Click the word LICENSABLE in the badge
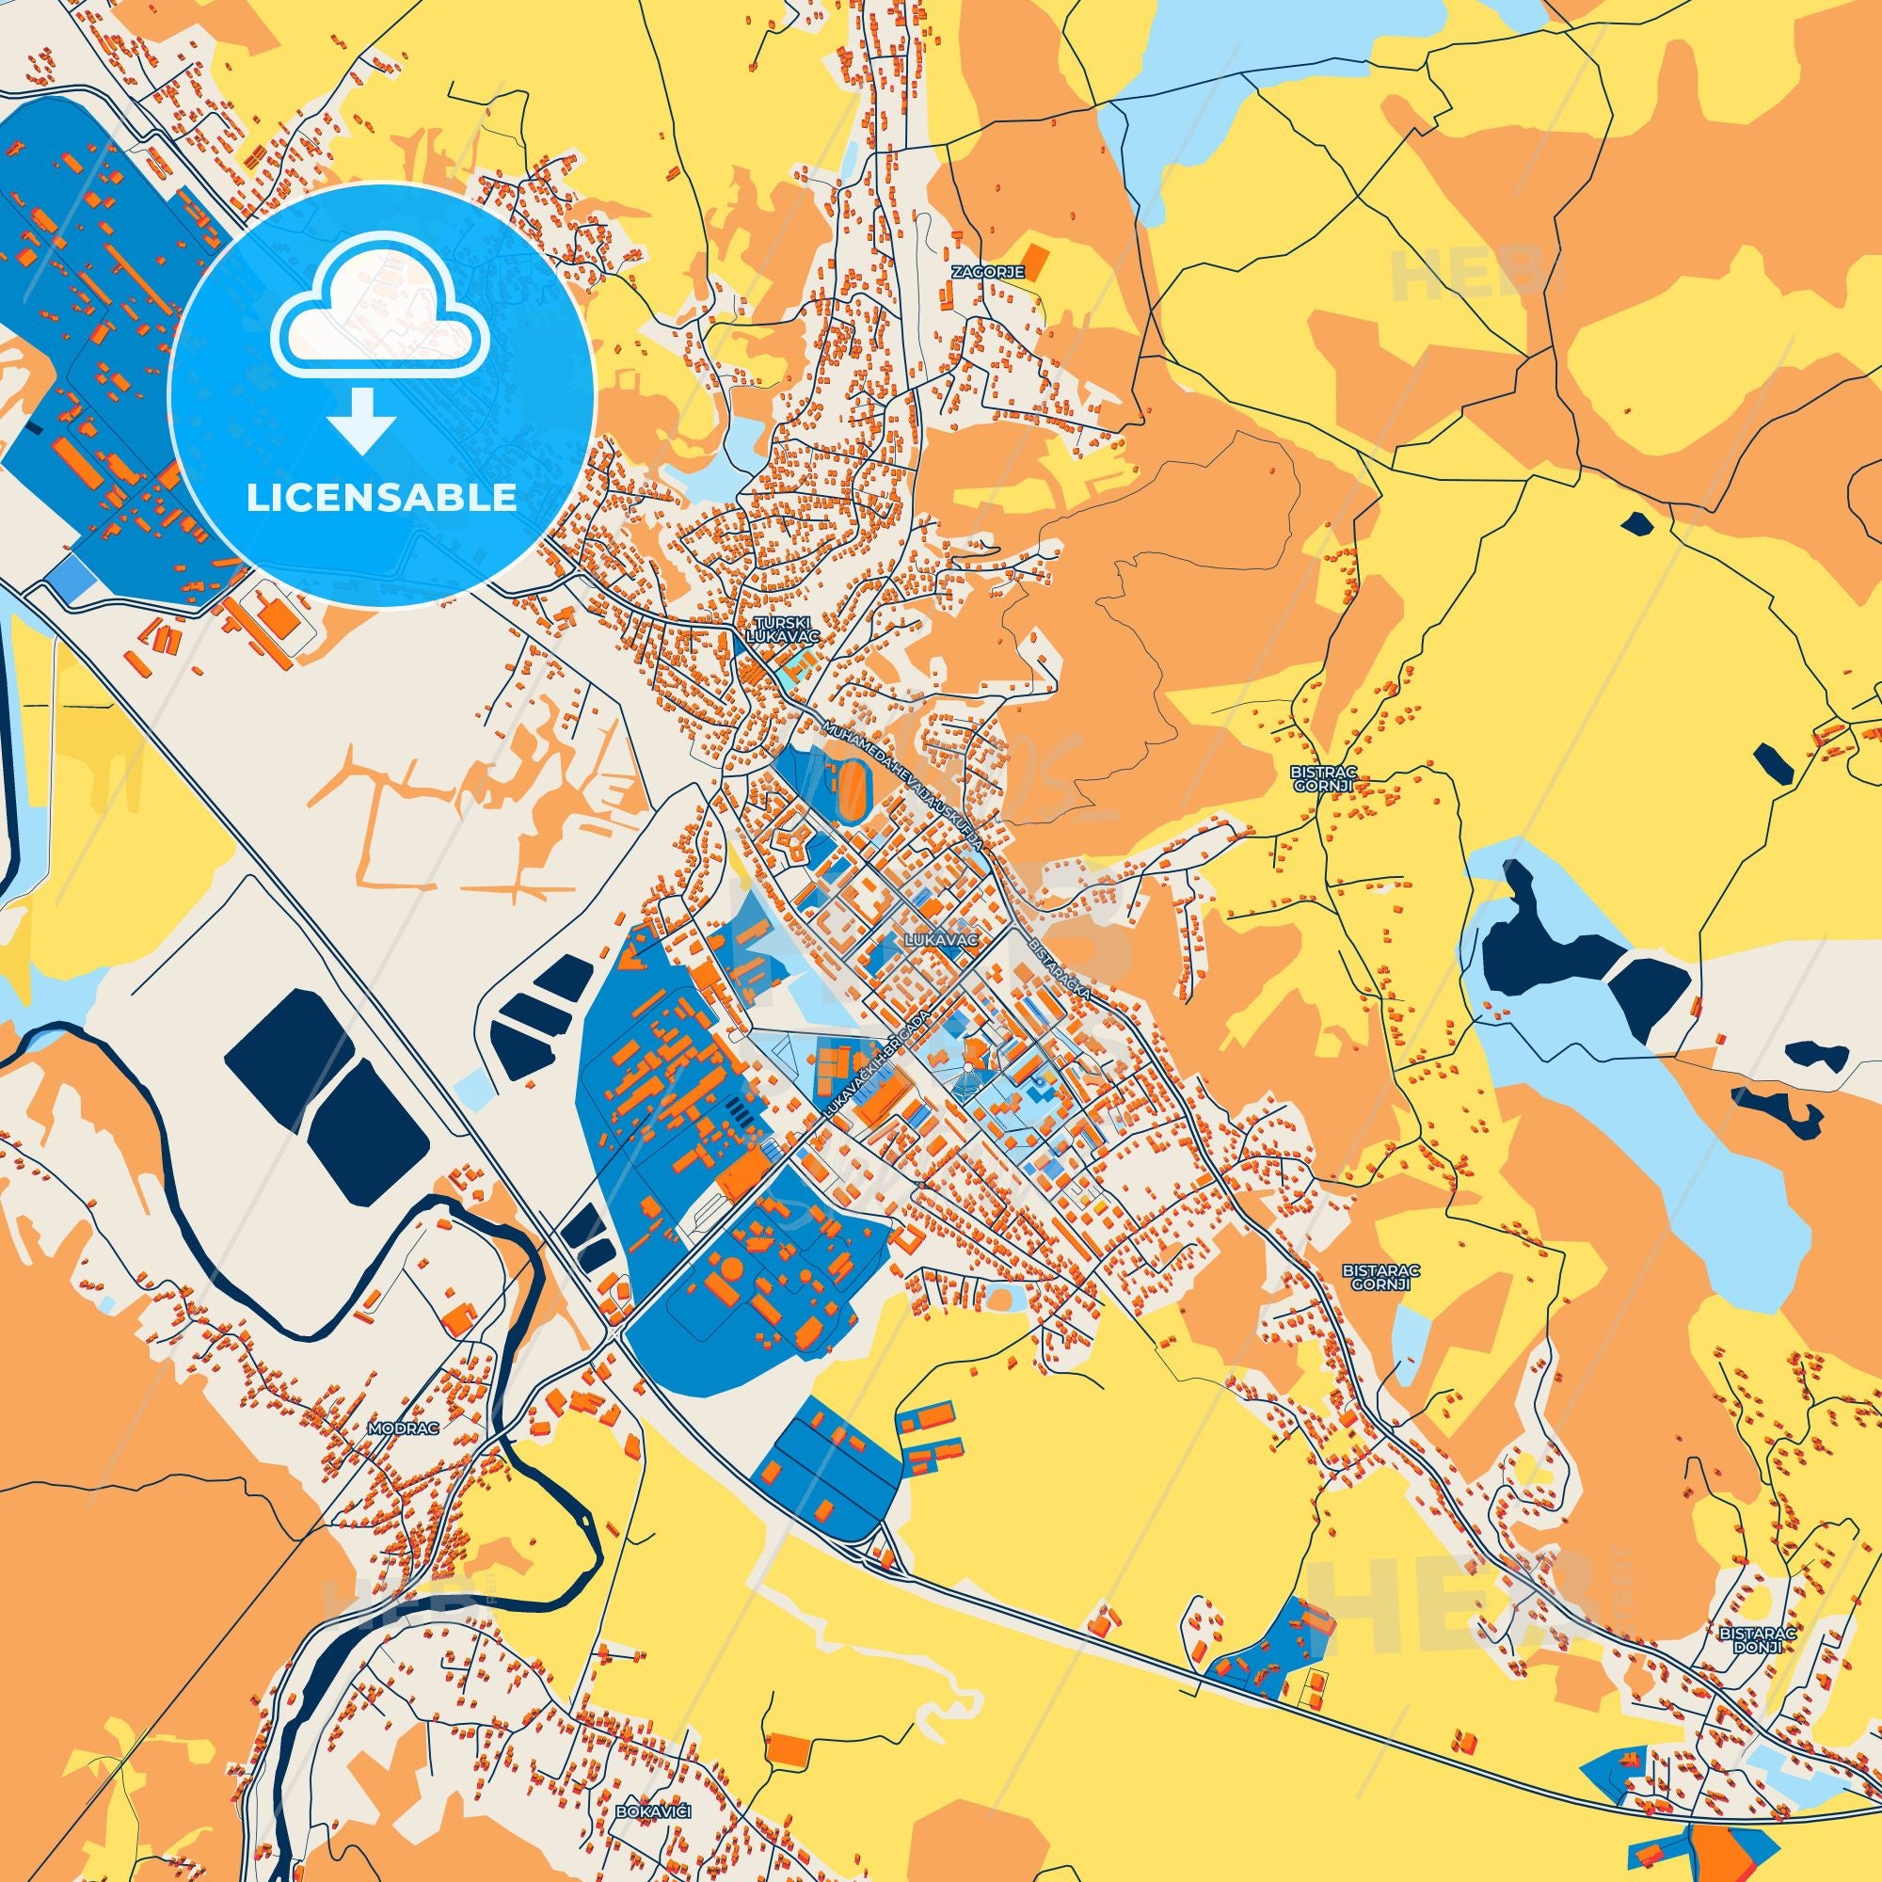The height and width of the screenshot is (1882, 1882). click(x=381, y=498)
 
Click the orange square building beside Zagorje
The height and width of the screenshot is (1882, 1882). click(x=1039, y=261)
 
